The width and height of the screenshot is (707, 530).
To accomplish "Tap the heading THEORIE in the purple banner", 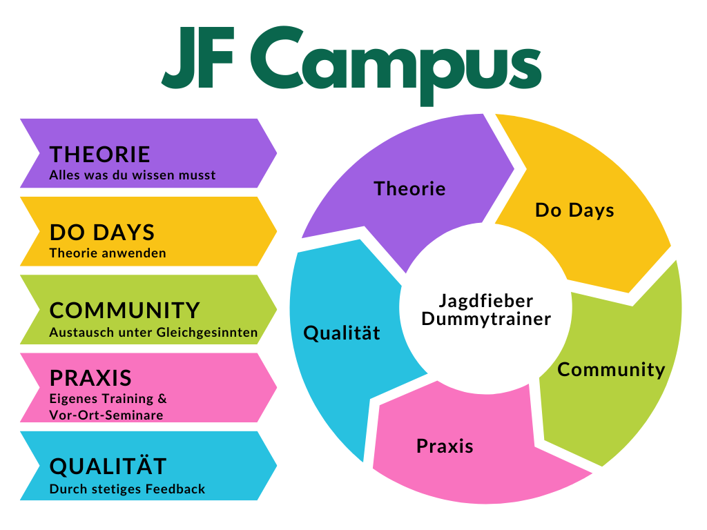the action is tap(99, 155).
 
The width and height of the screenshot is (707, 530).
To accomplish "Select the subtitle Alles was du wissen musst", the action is tap(133, 175).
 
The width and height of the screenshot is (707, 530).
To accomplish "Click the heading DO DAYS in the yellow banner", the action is tap(102, 233).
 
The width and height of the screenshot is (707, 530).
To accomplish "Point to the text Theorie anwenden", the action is tap(108, 253).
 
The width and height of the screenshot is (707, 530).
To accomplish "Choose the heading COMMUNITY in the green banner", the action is tap(124, 311).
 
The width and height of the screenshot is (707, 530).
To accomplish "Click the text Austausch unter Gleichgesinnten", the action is tap(154, 333).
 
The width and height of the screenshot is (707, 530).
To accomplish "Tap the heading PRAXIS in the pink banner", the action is tap(90, 378).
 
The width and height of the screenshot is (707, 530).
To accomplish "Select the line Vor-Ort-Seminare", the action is tap(106, 415).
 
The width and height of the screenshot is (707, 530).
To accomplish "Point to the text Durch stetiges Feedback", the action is tap(127, 489).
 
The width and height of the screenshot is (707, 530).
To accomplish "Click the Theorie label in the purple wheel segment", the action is tap(410, 188).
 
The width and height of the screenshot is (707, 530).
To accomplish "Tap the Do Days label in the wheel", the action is tap(575, 210).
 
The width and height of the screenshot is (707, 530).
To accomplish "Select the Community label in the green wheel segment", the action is tap(612, 370).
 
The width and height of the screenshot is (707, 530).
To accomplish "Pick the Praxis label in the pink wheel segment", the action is tap(445, 446).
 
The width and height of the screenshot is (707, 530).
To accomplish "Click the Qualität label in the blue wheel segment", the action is tap(342, 333).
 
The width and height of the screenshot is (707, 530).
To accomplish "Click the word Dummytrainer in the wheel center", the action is tap(487, 319).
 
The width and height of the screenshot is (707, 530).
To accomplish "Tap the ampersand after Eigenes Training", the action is tap(162, 398).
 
